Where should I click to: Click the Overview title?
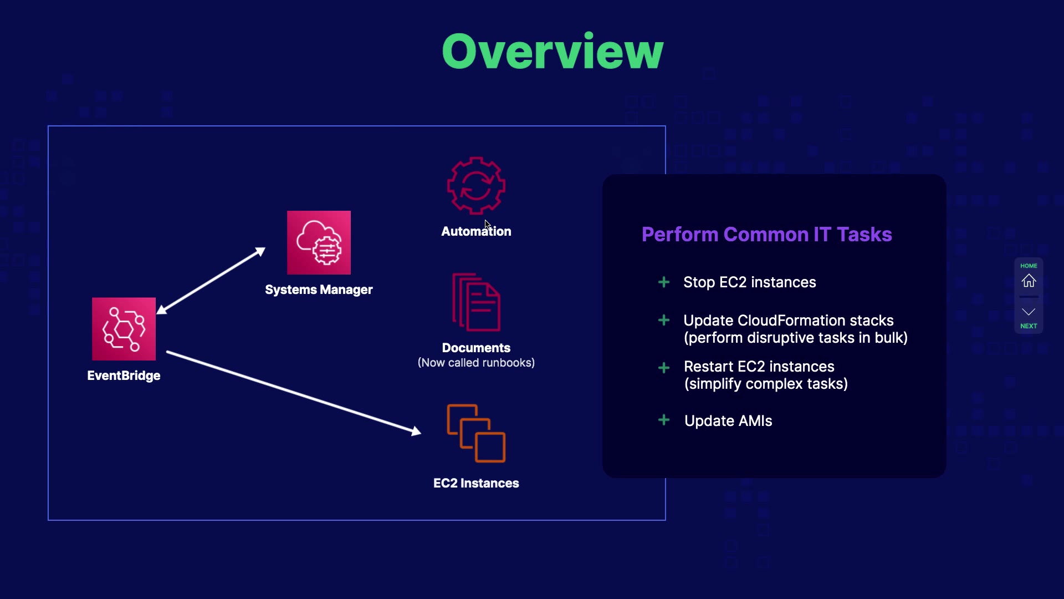click(553, 52)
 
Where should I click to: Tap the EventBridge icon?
click(124, 329)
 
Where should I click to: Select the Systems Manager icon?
click(319, 242)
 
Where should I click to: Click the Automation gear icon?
click(476, 186)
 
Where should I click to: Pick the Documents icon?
click(476, 302)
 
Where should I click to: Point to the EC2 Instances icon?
click(476, 433)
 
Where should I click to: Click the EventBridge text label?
click(124, 375)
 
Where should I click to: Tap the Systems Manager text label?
click(319, 290)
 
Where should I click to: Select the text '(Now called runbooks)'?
click(476, 363)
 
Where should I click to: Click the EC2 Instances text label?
click(476, 483)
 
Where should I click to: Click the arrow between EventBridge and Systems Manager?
click(213, 281)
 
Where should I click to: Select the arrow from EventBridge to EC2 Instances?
click(294, 392)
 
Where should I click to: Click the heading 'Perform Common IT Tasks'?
click(766, 235)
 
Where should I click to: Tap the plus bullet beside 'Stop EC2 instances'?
click(663, 282)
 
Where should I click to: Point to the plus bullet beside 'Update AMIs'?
click(663, 420)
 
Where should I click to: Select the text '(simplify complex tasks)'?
click(766, 384)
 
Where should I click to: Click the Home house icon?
click(1029, 281)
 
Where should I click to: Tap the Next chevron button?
click(1029, 312)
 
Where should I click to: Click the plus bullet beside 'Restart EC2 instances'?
click(663, 368)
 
